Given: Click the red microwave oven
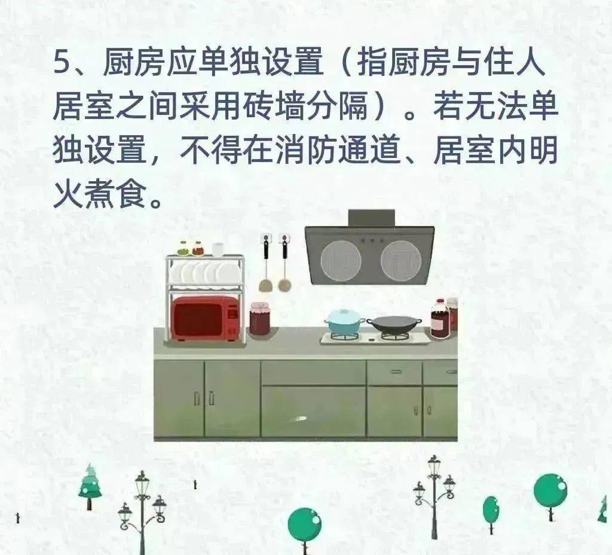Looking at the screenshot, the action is click(x=206, y=318).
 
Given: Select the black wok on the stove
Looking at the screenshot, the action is click(x=394, y=324).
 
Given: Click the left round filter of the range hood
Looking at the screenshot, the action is click(x=340, y=260).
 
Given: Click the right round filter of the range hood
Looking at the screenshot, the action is click(x=401, y=260).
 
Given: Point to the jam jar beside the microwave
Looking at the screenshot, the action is click(x=260, y=318).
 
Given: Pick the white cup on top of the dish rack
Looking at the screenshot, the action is click(x=218, y=249).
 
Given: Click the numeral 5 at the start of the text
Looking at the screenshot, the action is click(x=61, y=62).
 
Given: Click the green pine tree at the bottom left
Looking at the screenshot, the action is click(x=90, y=486).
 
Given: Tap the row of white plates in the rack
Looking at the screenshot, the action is click(x=204, y=273).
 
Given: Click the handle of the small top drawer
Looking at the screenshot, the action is click(x=396, y=371).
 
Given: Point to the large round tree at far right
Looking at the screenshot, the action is click(x=550, y=492).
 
